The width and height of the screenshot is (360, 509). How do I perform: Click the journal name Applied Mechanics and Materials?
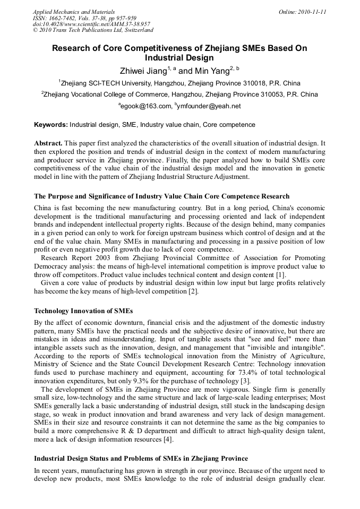pyautogui.click(x=74, y=12)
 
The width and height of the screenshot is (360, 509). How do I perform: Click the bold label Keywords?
pyautogui.click(x=51, y=125)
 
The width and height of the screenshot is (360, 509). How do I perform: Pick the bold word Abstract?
pyautogui.click(x=48, y=144)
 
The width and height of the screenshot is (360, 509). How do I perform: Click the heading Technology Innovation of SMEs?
pyautogui.click(x=83, y=310)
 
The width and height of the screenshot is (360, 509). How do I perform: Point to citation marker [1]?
pyautogui.click(x=281, y=274)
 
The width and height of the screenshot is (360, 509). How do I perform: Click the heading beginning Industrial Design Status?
pyautogui.click(x=141, y=458)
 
